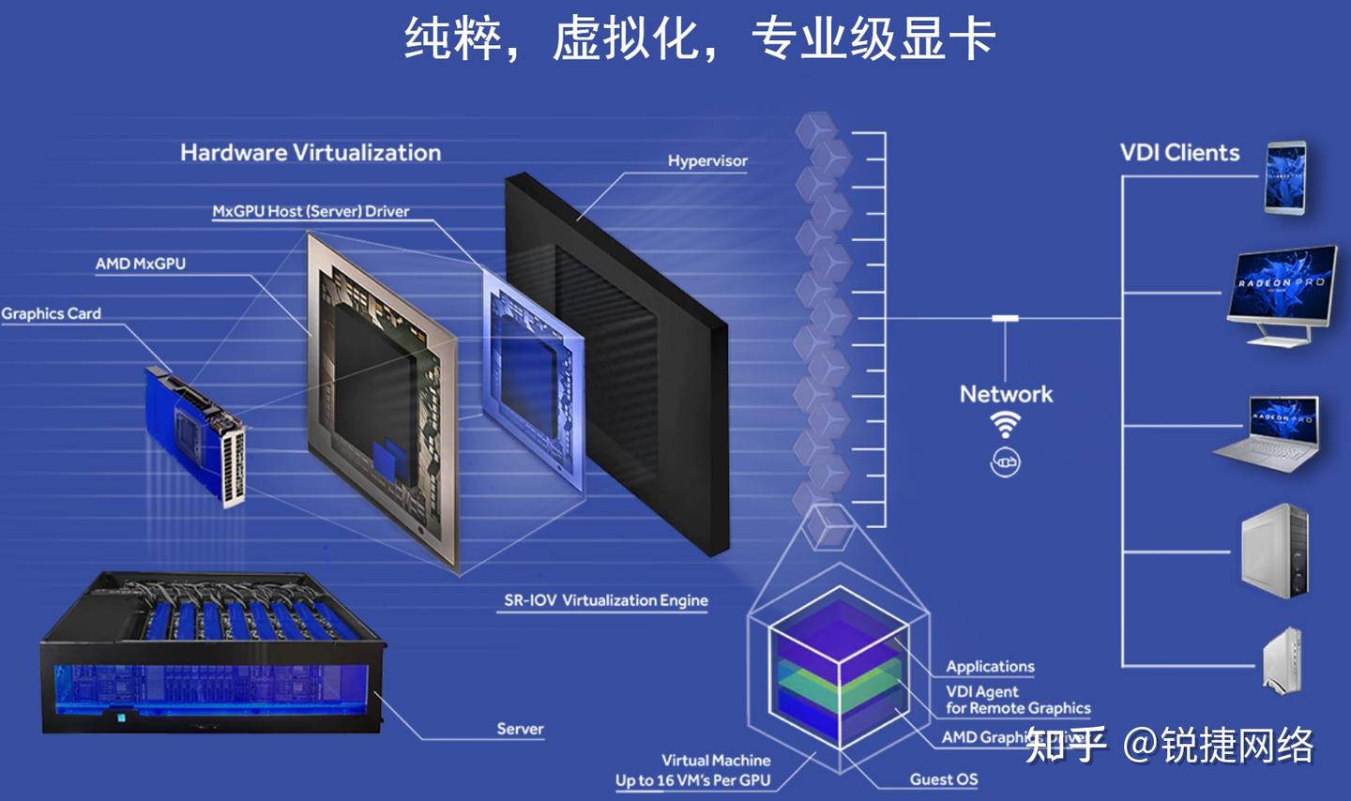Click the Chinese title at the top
(x=699, y=39)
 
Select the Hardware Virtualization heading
(x=311, y=153)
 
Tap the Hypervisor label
(x=707, y=161)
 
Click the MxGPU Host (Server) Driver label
(x=311, y=212)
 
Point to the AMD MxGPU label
(x=141, y=264)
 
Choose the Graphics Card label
(x=52, y=314)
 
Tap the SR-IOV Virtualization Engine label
(x=606, y=600)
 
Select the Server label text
(x=520, y=729)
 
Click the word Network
(x=1006, y=394)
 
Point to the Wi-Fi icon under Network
(x=1005, y=425)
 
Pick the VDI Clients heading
(x=1179, y=153)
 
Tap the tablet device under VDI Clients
(x=1284, y=177)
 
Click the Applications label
(x=990, y=667)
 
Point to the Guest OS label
(x=943, y=779)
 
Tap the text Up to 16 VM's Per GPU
(x=692, y=780)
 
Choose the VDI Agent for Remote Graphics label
(x=1017, y=700)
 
